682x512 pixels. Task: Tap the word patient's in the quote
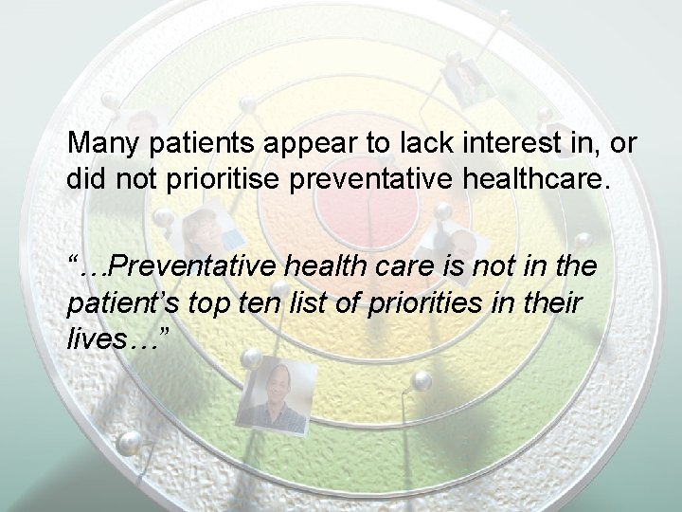click(x=117, y=302)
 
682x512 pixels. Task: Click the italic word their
click(x=551, y=302)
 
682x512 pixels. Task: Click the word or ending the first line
click(x=624, y=146)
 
